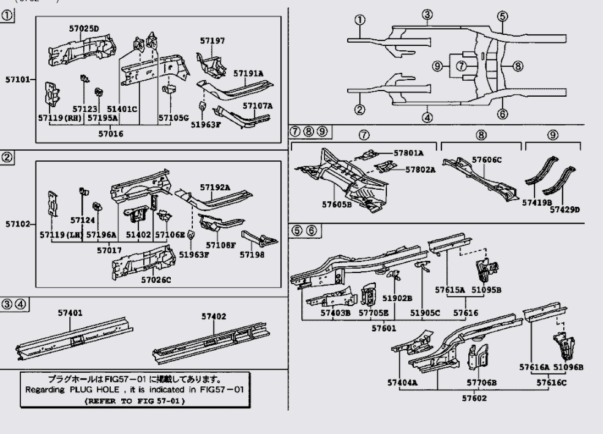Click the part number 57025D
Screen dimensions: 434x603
click(84, 28)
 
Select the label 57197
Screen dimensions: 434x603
click(212, 41)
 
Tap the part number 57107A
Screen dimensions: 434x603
click(257, 105)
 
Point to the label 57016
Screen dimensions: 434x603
click(111, 133)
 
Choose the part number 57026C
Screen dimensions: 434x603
click(156, 280)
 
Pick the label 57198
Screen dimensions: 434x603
click(252, 254)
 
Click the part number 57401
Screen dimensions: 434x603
click(70, 313)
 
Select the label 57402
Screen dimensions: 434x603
click(214, 316)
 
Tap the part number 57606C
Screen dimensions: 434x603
click(487, 160)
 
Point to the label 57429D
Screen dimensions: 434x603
click(564, 209)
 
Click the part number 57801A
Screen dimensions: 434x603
click(408, 154)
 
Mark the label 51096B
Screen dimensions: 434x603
click(568, 367)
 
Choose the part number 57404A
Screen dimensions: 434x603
click(402, 383)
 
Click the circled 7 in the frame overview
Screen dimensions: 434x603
click(461, 65)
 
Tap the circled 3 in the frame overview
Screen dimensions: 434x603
click(427, 15)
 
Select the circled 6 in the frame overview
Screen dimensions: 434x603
click(502, 114)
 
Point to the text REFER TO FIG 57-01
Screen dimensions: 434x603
click(134, 401)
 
